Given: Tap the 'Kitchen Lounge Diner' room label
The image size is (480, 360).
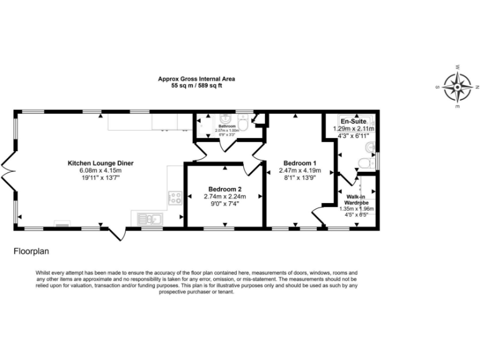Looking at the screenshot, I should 101,163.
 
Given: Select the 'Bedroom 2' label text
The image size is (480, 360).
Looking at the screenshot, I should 225,189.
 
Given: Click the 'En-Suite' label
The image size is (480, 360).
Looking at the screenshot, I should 353,121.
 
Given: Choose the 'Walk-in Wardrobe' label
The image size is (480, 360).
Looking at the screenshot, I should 357,200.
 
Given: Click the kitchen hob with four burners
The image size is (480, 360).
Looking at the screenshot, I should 175,198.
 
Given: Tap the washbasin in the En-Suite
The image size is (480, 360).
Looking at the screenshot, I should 369,147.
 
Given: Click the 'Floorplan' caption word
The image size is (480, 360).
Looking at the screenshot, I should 31,252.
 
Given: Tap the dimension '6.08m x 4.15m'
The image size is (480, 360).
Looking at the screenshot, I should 101,171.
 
